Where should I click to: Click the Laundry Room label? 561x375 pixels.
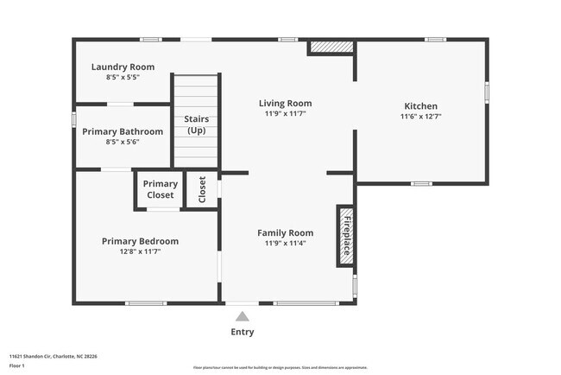[123, 67]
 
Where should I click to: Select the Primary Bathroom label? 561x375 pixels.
[123, 131]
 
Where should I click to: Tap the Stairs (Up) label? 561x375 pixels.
[198, 124]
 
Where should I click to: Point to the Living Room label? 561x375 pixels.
[285, 104]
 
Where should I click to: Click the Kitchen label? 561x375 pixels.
[420, 105]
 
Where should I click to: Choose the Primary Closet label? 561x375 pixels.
[160, 189]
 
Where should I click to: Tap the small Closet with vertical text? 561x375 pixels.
[203, 189]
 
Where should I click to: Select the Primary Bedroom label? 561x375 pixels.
[140, 241]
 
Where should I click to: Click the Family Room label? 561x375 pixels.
[285, 232]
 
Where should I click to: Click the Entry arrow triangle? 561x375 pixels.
[243, 316]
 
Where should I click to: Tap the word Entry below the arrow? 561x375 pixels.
[243, 332]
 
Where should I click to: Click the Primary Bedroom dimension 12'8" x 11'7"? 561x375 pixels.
[140, 251]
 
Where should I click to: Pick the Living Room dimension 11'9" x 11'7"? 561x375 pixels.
[285, 114]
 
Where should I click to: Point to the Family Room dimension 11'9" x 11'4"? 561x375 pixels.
[285, 243]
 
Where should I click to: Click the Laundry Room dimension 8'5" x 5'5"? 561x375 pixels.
[123, 77]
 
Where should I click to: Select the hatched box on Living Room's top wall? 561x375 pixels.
[331, 47]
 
